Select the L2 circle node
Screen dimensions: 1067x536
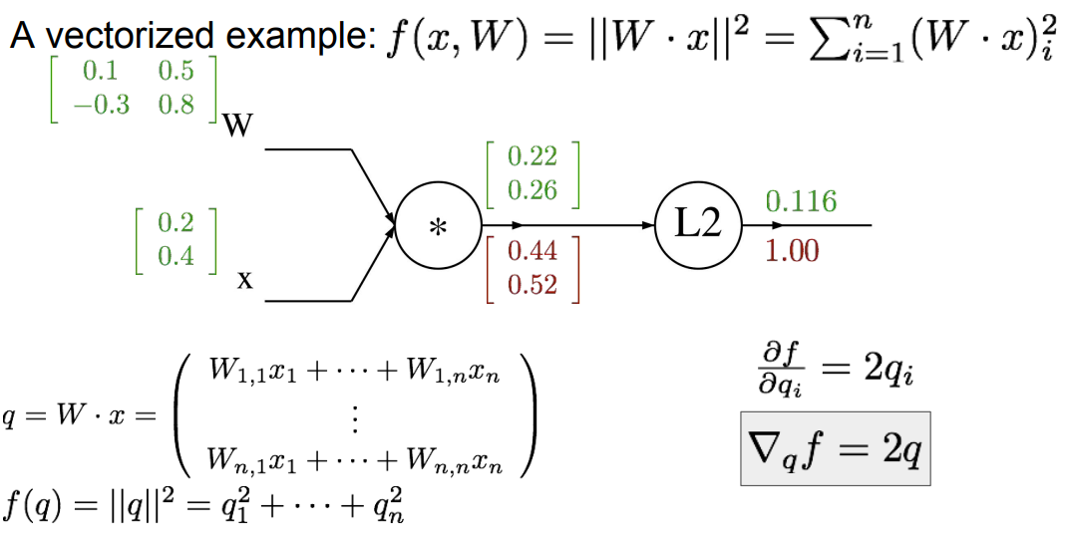699,226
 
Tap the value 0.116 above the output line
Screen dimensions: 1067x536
801,202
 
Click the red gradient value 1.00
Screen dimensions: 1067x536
792,250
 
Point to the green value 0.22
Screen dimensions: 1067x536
533,155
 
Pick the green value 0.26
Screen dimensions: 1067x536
533,189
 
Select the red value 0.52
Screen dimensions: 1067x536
533,286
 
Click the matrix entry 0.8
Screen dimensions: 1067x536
176,105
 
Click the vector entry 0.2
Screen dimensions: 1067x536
176,223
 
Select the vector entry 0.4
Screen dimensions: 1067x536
176,256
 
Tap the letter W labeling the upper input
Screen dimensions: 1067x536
238,128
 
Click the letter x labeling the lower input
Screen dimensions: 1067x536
244,281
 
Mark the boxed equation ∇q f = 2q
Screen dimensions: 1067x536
835,448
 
